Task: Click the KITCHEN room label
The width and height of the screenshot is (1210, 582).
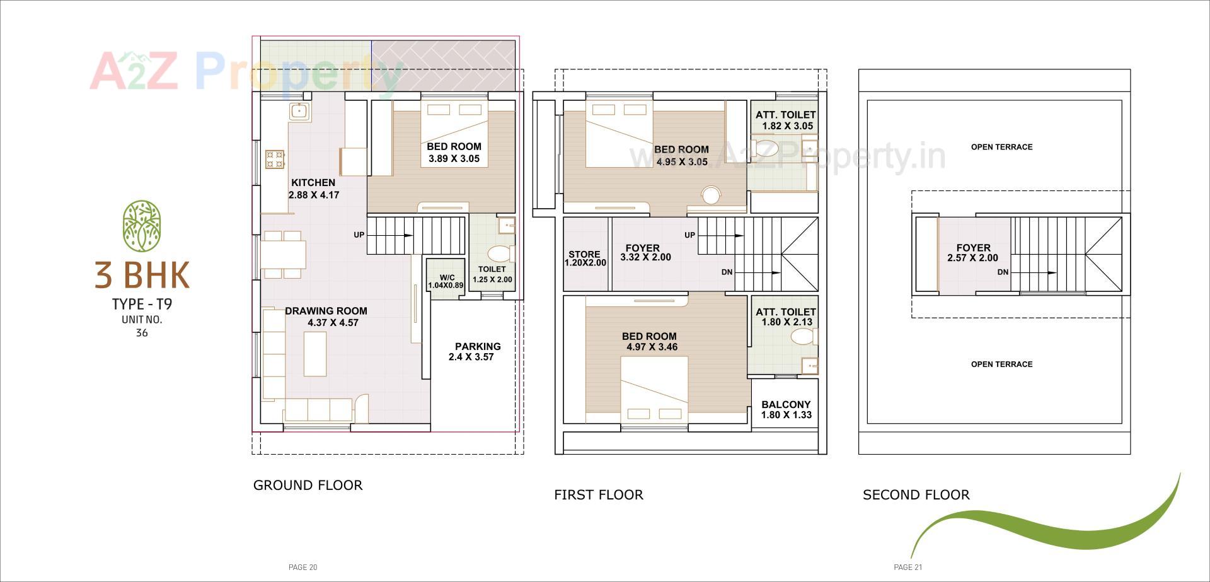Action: [313, 183]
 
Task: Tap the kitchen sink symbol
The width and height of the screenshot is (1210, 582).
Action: [298, 112]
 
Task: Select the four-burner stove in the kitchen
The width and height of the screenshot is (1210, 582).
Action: [275, 159]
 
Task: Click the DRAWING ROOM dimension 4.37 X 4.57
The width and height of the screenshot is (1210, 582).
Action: [333, 323]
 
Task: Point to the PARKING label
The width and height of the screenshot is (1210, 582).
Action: [478, 346]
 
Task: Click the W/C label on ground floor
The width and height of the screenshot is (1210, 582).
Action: [447, 277]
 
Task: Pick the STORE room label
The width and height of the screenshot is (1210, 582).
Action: [584, 254]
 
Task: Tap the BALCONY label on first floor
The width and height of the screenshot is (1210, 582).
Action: [786, 405]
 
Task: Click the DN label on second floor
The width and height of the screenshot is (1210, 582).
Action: [1003, 272]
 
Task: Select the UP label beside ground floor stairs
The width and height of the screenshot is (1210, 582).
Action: [359, 235]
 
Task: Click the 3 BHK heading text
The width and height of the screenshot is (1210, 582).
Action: [142, 275]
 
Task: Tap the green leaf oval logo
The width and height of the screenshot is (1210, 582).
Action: [142, 226]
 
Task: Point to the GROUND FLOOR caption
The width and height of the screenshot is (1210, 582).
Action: [308, 486]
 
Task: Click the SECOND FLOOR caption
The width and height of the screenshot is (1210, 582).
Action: [916, 495]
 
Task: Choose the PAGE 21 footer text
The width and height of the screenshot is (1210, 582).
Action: [907, 567]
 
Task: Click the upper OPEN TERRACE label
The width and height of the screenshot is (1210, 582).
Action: [1001, 147]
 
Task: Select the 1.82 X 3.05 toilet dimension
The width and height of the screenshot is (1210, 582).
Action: [787, 126]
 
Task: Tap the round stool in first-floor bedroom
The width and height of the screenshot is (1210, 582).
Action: [711, 195]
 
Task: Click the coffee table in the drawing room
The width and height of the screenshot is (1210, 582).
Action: [315, 354]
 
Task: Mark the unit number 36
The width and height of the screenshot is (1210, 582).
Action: [142, 333]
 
